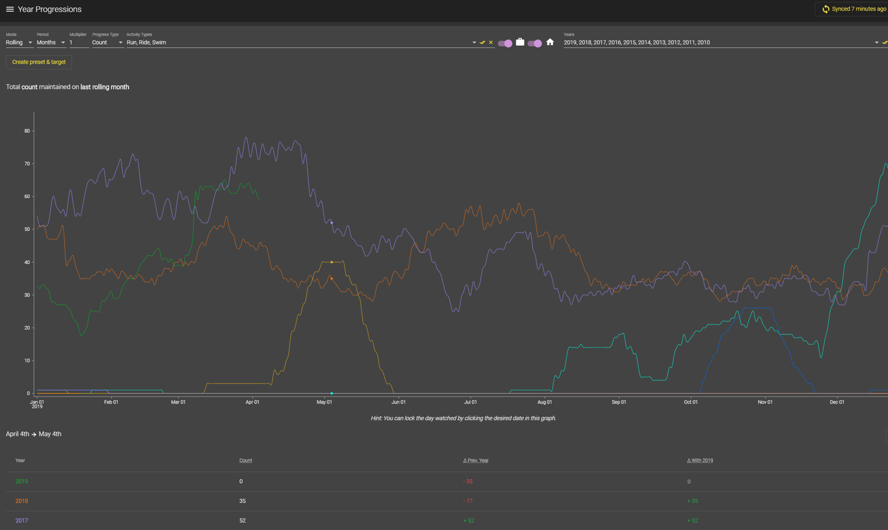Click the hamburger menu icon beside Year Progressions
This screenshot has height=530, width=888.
(x=10, y=9)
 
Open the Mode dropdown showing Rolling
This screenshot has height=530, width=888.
(x=19, y=42)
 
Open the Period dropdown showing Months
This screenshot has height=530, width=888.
(x=50, y=42)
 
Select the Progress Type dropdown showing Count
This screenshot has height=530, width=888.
(x=107, y=42)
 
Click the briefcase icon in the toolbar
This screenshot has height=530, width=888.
(x=520, y=42)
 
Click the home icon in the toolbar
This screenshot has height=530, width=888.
(x=550, y=42)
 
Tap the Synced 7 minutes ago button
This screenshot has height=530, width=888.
(x=853, y=9)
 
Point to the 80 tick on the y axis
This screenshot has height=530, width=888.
(x=27, y=131)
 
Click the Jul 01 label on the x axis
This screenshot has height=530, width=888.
(x=470, y=402)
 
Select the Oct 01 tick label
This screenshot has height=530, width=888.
(x=690, y=402)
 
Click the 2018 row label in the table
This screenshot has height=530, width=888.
(x=21, y=501)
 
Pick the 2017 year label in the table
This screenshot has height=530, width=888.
(x=21, y=521)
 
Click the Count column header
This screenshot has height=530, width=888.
(x=246, y=461)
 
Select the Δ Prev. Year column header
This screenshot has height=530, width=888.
(x=475, y=461)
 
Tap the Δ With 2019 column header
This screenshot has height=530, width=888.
(x=700, y=461)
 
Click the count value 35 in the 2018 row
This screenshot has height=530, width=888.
(x=242, y=501)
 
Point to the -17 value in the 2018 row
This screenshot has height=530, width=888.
(x=468, y=501)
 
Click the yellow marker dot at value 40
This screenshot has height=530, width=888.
(x=331, y=262)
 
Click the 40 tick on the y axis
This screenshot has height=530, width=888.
(x=27, y=262)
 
